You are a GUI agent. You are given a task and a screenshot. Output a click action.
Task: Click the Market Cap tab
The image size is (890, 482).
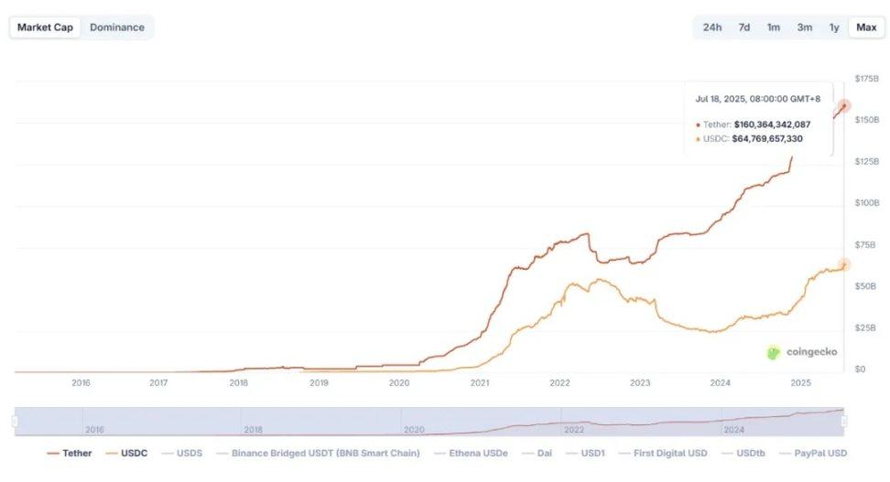pyautogui.click(x=46, y=27)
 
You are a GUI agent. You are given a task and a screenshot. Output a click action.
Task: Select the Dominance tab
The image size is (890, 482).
pyautogui.click(x=117, y=27)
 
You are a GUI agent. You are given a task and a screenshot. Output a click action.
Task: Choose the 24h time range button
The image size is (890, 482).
pyautogui.click(x=712, y=27)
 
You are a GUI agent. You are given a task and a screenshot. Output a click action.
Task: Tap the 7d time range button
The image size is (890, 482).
pyautogui.click(x=744, y=27)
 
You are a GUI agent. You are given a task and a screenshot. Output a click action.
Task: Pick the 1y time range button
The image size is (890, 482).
pyautogui.click(x=834, y=27)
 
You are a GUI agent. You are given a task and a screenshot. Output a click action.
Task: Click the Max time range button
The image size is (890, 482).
pyautogui.click(x=866, y=27)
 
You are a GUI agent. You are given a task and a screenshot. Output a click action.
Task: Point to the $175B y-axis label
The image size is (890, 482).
pyautogui.click(x=866, y=80)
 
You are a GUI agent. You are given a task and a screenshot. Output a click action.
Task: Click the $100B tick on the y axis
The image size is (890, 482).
pyautogui.click(x=866, y=203)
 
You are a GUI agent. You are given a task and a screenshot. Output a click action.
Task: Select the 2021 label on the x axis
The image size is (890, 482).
pyautogui.click(x=480, y=383)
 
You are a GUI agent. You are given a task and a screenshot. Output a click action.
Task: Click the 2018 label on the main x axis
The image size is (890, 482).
pyautogui.click(x=238, y=383)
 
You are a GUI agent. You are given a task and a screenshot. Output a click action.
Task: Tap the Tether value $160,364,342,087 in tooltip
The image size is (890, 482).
pyautogui.click(x=772, y=123)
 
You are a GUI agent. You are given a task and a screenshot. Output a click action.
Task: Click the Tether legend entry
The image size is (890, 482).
pyautogui.click(x=70, y=453)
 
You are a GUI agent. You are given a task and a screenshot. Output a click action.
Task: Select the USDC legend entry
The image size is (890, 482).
pyautogui.click(x=127, y=453)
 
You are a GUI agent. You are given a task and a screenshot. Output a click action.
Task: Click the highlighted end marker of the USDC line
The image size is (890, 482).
pyautogui.click(x=844, y=265)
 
